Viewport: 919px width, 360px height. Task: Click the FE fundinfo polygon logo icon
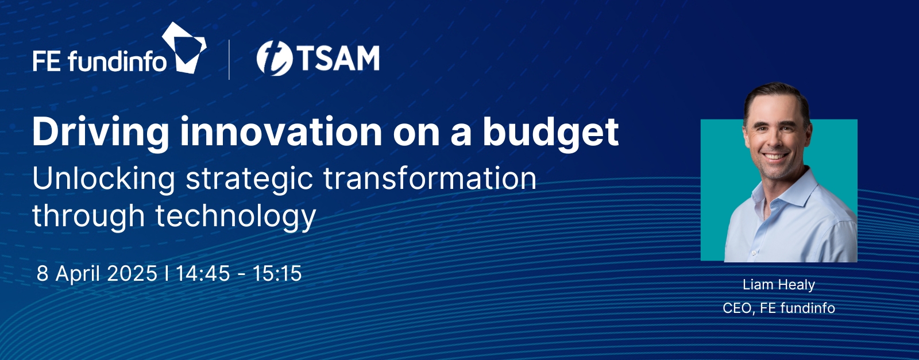tap(184, 48)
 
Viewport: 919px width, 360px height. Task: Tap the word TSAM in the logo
tap(338, 58)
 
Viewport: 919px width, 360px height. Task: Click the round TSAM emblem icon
tap(275, 58)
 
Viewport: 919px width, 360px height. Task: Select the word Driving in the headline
tap(101, 133)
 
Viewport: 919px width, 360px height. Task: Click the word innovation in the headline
tap(281, 132)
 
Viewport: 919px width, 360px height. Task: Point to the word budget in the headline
tap(551, 133)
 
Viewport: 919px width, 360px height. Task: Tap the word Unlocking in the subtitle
tap(104, 179)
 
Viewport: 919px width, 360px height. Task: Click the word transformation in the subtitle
tap(430, 179)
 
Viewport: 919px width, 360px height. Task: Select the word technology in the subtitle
tap(236, 217)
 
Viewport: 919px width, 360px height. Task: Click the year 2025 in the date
tap(132, 273)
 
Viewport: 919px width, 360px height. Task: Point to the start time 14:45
tap(203, 273)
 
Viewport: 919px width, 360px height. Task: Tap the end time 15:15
tap(277, 273)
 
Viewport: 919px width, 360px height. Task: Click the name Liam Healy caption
tap(779, 285)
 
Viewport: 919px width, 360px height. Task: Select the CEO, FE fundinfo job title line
tap(779, 308)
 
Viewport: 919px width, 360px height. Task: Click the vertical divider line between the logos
tap(229, 60)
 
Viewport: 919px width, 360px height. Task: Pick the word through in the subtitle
tap(88, 217)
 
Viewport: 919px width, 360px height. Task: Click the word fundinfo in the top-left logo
tap(117, 62)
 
